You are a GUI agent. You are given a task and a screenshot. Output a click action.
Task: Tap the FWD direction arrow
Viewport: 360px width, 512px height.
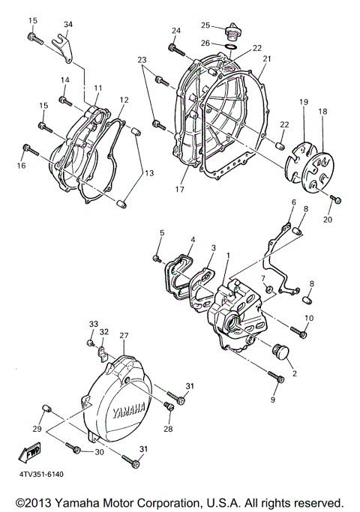28,453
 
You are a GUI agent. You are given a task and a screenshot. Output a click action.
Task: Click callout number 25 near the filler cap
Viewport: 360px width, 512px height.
205,25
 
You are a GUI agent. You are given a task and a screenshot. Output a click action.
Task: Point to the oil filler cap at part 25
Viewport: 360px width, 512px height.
230,34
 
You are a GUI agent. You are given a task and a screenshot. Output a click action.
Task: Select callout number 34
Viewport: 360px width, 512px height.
68,24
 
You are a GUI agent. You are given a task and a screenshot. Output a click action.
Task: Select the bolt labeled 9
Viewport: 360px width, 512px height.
278,381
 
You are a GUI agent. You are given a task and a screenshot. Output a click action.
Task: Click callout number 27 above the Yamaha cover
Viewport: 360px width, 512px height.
124,336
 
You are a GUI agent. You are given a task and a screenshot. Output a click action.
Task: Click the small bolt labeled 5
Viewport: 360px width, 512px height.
157,259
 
